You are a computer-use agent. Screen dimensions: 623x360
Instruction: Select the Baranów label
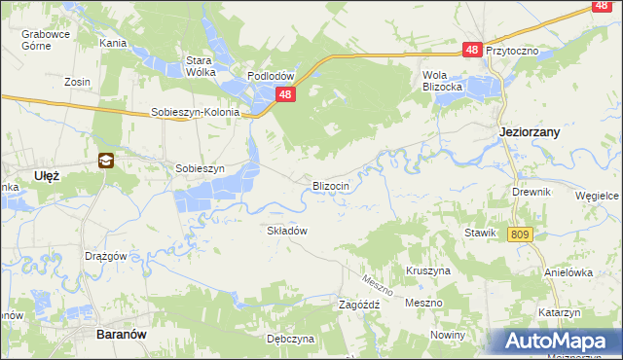122,333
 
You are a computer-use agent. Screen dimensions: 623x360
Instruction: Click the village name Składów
287,231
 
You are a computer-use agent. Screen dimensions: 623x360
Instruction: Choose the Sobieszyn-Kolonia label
195,112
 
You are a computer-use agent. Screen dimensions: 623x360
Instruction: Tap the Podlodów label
271,76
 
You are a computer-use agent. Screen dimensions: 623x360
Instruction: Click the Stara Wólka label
200,65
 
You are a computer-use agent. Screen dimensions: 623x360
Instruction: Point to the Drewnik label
531,192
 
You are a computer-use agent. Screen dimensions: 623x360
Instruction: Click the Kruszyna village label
427,270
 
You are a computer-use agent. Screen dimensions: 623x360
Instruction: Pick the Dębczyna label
290,339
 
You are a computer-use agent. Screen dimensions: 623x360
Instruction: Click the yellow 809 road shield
520,234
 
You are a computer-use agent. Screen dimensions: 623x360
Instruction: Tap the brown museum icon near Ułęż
105,161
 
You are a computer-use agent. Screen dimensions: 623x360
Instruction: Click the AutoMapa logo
555,342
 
